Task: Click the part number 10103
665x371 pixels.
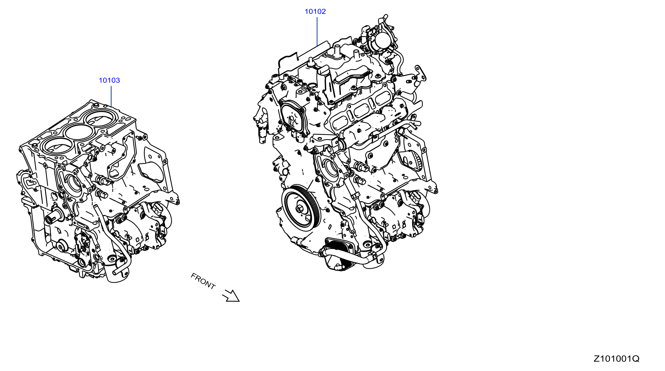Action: [x=109, y=80]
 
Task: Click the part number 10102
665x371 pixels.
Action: [x=315, y=11]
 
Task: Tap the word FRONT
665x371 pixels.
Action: [x=203, y=281]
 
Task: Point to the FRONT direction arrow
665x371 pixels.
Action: [x=231, y=296]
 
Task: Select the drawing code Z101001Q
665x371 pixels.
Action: [x=616, y=358]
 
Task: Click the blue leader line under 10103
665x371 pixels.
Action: [x=111, y=96]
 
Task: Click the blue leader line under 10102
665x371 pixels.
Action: [x=317, y=31]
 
